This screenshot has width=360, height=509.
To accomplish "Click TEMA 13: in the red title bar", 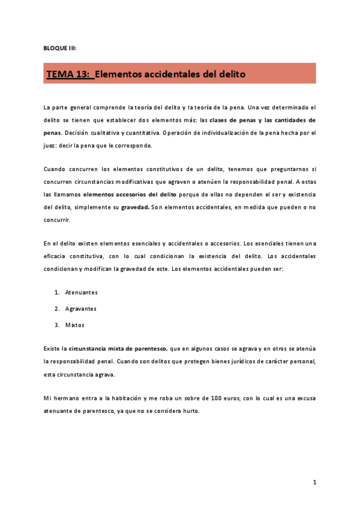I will tap(69, 74).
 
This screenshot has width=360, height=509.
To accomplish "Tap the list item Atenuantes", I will tap(81, 292).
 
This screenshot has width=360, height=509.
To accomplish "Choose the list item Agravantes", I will tap(80, 309).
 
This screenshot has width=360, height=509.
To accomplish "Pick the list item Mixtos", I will tap(74, 325).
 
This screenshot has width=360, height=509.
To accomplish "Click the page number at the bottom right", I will tap(314, 482).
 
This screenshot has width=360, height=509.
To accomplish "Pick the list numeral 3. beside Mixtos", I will tap(56, 325).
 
